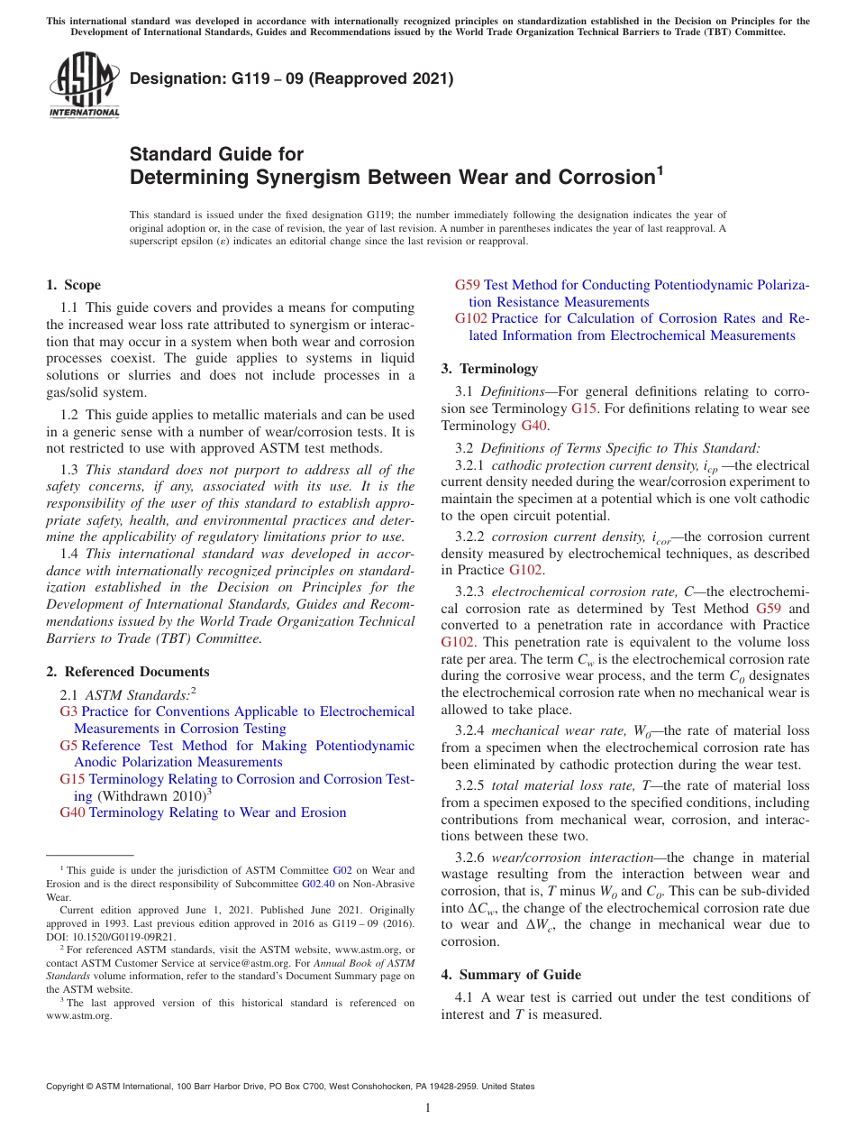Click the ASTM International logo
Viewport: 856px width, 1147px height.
83,86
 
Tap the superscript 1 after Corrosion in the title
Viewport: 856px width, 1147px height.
659,170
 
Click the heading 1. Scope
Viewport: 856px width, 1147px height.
74,285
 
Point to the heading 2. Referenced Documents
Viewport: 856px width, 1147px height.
128,672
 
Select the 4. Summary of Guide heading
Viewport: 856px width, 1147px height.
511,975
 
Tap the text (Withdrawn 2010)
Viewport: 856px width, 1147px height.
151,796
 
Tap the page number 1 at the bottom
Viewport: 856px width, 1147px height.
428,1108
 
